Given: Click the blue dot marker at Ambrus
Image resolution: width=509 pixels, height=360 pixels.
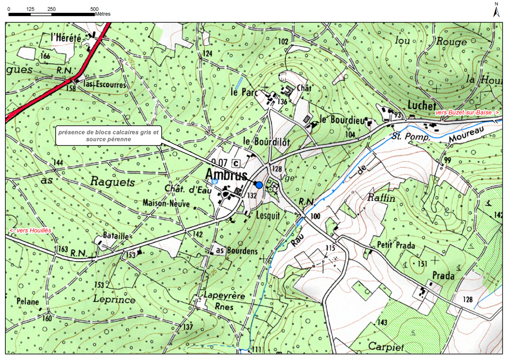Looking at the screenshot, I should coord(259,185).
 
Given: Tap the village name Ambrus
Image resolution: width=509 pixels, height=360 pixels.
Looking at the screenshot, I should coord(227,175).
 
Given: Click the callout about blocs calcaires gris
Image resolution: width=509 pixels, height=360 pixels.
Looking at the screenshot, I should coord(108,136).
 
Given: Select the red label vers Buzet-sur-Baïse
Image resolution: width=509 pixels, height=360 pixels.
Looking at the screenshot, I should coord(467,113).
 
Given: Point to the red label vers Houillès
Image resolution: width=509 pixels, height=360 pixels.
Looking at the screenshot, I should coord(30,230).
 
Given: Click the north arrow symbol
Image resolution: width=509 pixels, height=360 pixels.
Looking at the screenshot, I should coord(496,10).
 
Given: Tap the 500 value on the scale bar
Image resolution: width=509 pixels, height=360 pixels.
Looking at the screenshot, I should coord(94,9).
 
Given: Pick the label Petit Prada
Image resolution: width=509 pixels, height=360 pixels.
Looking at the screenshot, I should coord(396,245).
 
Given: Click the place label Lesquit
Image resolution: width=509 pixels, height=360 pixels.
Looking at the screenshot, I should coord(268,216).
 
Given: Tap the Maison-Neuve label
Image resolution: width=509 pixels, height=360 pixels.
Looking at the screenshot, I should coord(166,204).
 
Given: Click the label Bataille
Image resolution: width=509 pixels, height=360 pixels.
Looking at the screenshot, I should coord(116,236).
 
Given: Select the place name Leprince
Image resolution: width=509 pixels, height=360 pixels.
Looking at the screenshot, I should coord(114,299).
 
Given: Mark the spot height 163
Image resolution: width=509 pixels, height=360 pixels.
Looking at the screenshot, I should coord(62,249).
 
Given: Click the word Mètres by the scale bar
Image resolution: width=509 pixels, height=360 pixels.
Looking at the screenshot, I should coord(103,14).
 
